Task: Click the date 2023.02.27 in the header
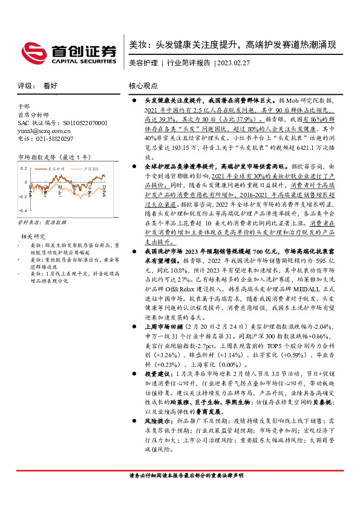point(235,63)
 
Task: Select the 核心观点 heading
point(143,86)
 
